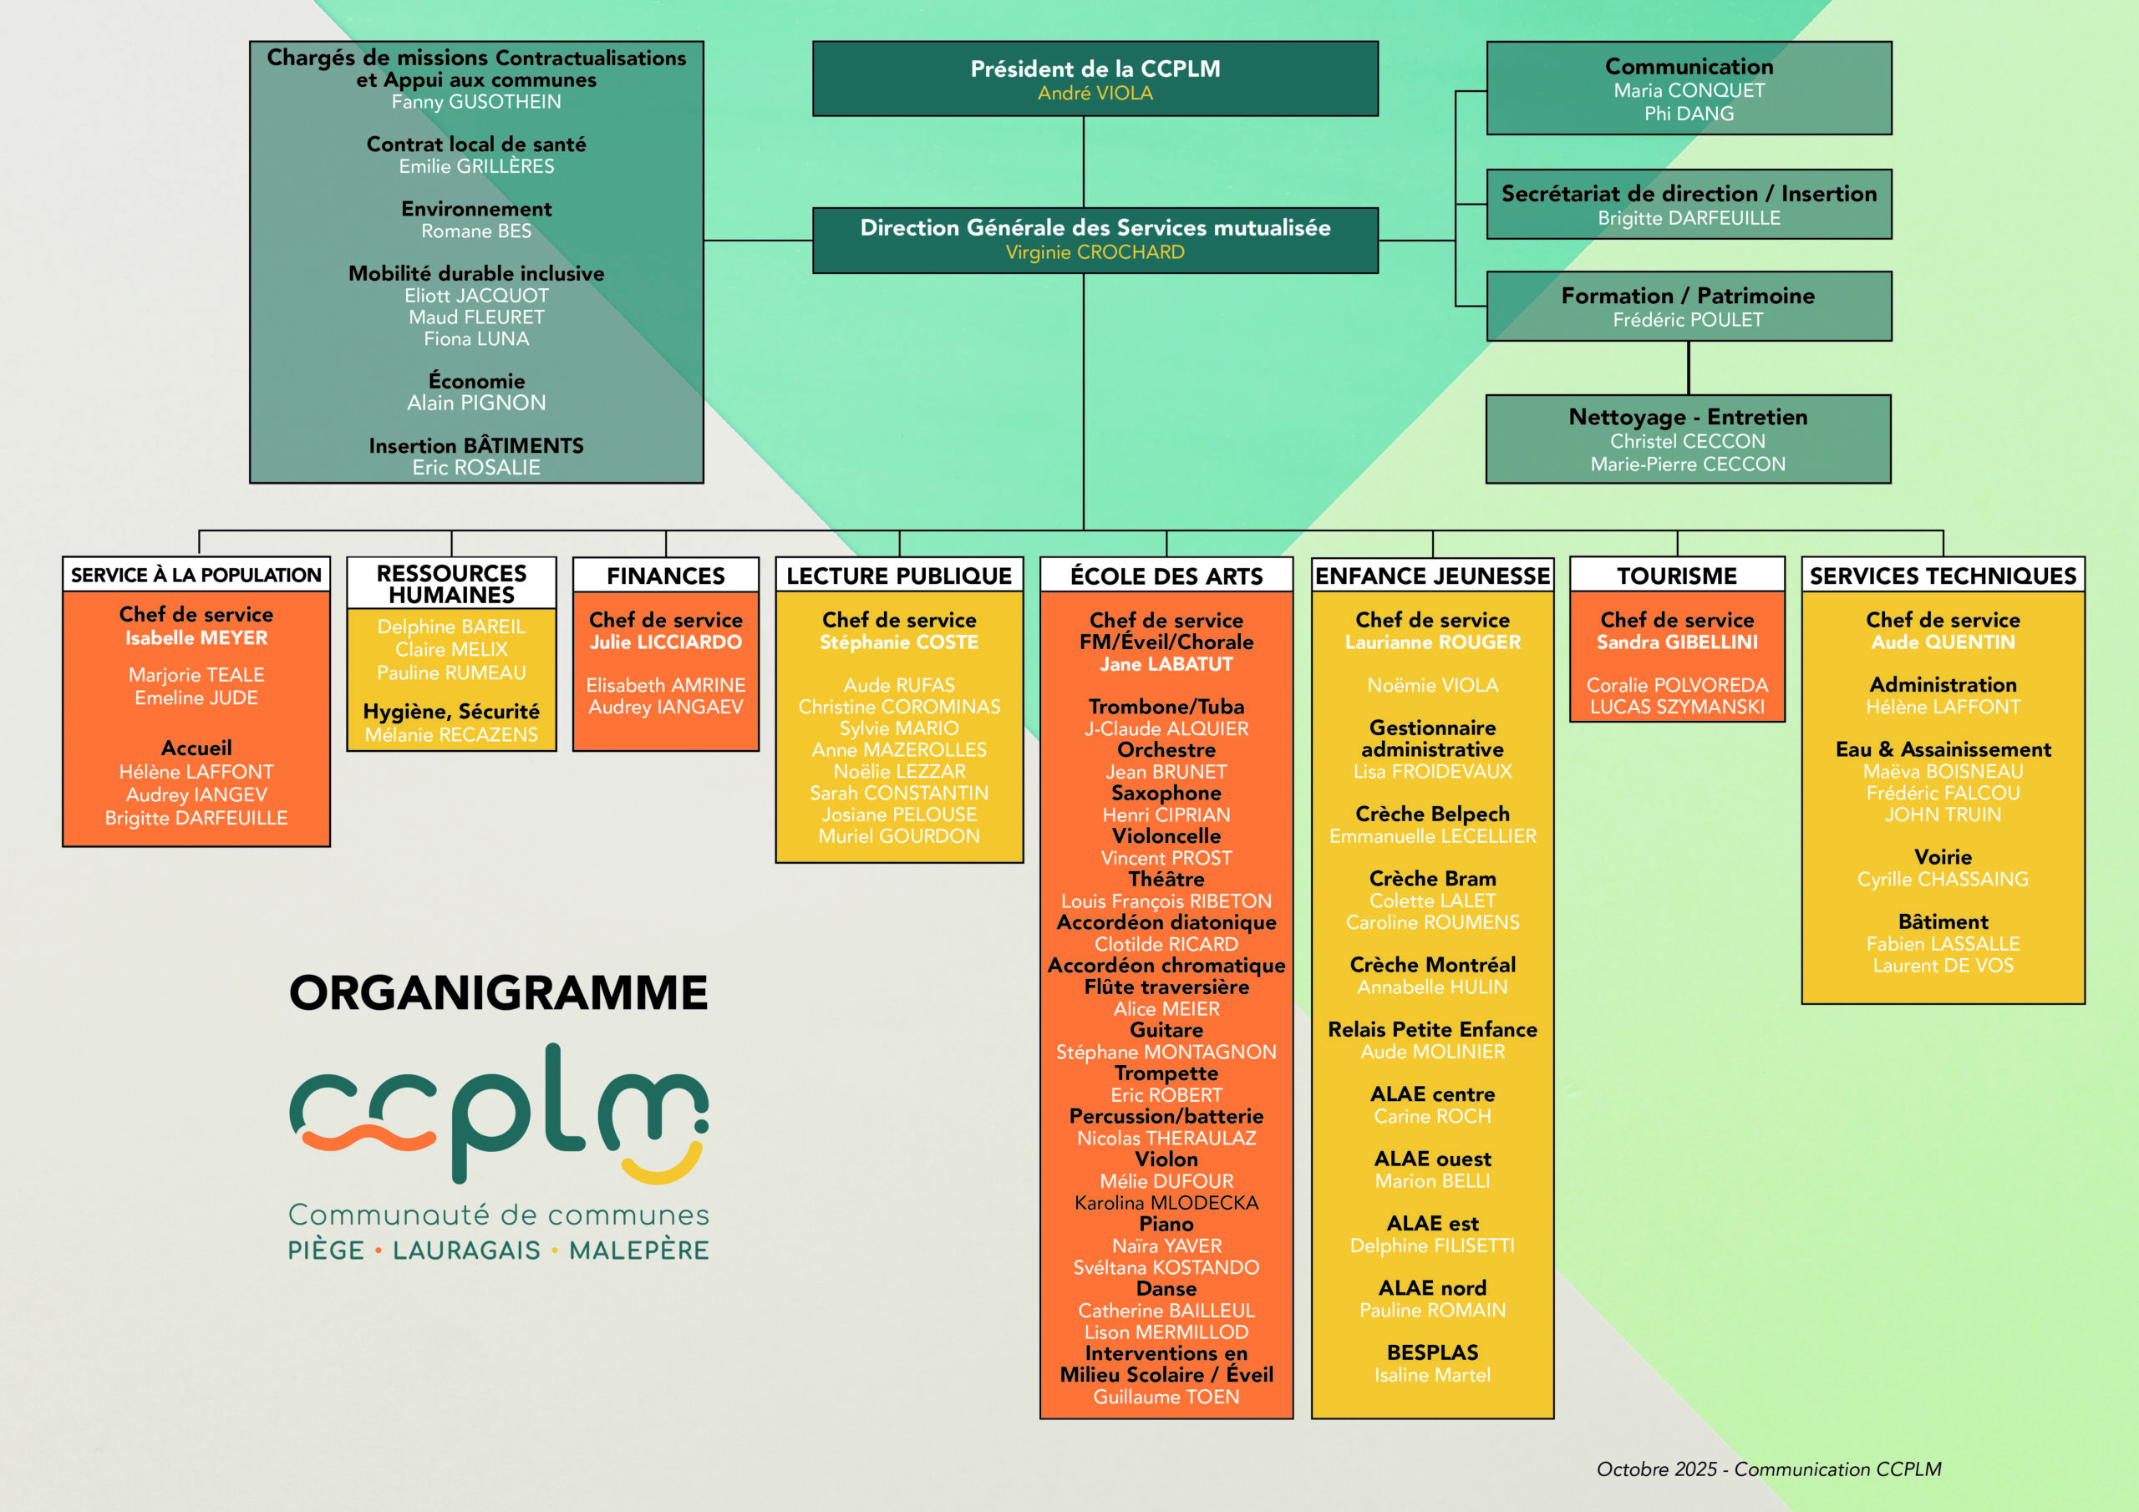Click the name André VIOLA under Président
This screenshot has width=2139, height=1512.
[x=1095, y=94]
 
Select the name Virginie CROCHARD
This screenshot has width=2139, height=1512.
[x=1095, y=252]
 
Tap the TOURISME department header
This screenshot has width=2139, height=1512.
[x=1676, y=576]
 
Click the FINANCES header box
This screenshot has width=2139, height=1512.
[x=665, y=576]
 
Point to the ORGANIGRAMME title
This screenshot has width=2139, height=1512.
[x=499, y=992]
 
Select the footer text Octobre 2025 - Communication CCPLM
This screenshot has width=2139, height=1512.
[x=1768, y=1469]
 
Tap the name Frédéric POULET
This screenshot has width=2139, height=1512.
[x=1687, y=320]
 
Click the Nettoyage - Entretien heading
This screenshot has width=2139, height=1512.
[x=1687, y=417]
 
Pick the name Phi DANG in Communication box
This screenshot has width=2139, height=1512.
[x=1688, y=114]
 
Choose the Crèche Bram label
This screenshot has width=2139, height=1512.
[x=1432, y=879]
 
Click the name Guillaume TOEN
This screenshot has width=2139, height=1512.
[x=1166, y=1397]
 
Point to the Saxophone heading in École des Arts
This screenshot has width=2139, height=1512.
[x=1166, y=793]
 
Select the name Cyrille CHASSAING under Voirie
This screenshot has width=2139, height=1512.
[x=1943, y=880]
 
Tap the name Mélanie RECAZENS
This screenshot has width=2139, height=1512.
[x=451, y=735]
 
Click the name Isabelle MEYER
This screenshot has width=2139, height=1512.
[x=196, y=638]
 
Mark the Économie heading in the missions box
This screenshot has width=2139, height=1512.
[x=476, y=381]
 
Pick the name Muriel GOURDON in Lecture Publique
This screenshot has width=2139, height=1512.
[x=898, y=836]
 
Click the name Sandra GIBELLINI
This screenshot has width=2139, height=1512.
[x=1676, y=642]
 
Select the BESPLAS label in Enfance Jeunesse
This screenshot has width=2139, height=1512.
[x=1432, y=1352]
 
